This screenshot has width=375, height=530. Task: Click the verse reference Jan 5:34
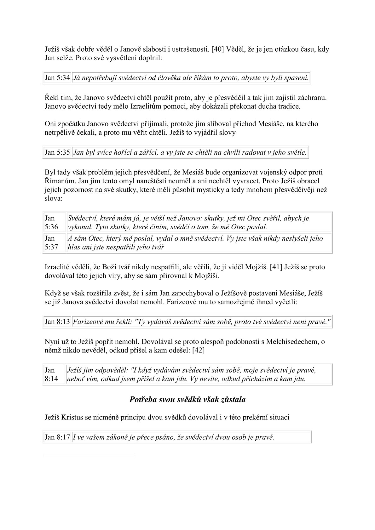(57, 78)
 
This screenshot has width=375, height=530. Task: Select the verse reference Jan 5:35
(57, 153)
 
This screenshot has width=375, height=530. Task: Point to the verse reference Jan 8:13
(57, 322)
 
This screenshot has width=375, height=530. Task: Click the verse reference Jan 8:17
(57, 437)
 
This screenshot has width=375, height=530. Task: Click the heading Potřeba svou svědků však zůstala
(187, 400)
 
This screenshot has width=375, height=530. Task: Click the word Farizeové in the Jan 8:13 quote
(86, 322)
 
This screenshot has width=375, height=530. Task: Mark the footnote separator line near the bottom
(90, 455)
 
